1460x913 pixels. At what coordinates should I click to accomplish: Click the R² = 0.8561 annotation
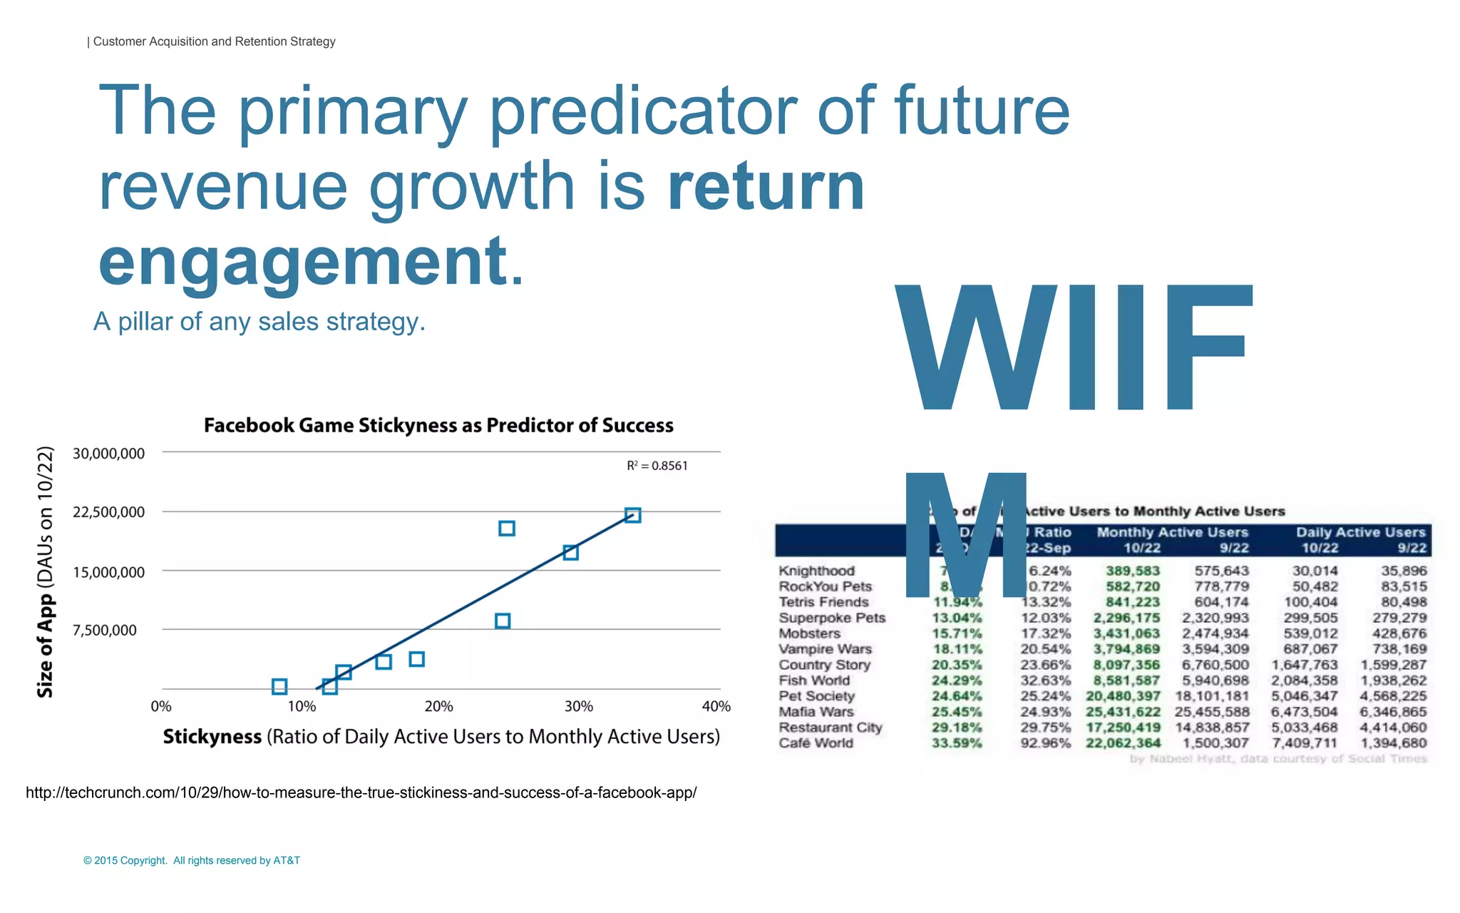(657, 466)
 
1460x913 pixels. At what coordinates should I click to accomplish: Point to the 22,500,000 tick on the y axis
(108, 512)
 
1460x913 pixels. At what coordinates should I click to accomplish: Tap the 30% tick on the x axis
(578, 706)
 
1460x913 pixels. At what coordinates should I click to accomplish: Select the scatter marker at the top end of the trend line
(632, 515)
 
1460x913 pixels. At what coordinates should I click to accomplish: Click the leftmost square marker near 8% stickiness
(279, 686)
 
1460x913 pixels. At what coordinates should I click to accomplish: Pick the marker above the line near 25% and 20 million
(507, 529)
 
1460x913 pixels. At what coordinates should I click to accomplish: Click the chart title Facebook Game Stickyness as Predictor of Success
(438, 426)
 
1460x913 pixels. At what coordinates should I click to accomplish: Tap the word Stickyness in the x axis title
(212, 737)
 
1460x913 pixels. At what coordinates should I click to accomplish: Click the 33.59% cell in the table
(957, 743)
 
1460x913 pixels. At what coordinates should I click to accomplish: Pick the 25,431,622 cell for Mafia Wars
(1123, 711)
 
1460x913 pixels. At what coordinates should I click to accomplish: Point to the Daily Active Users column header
(1360, 532)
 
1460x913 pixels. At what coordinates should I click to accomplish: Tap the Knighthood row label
(816, 571)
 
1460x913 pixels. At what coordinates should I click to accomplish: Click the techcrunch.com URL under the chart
(361, 792)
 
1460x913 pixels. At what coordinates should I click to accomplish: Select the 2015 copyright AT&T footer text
(192, 860)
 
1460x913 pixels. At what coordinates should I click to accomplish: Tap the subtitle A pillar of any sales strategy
(259, 322)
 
